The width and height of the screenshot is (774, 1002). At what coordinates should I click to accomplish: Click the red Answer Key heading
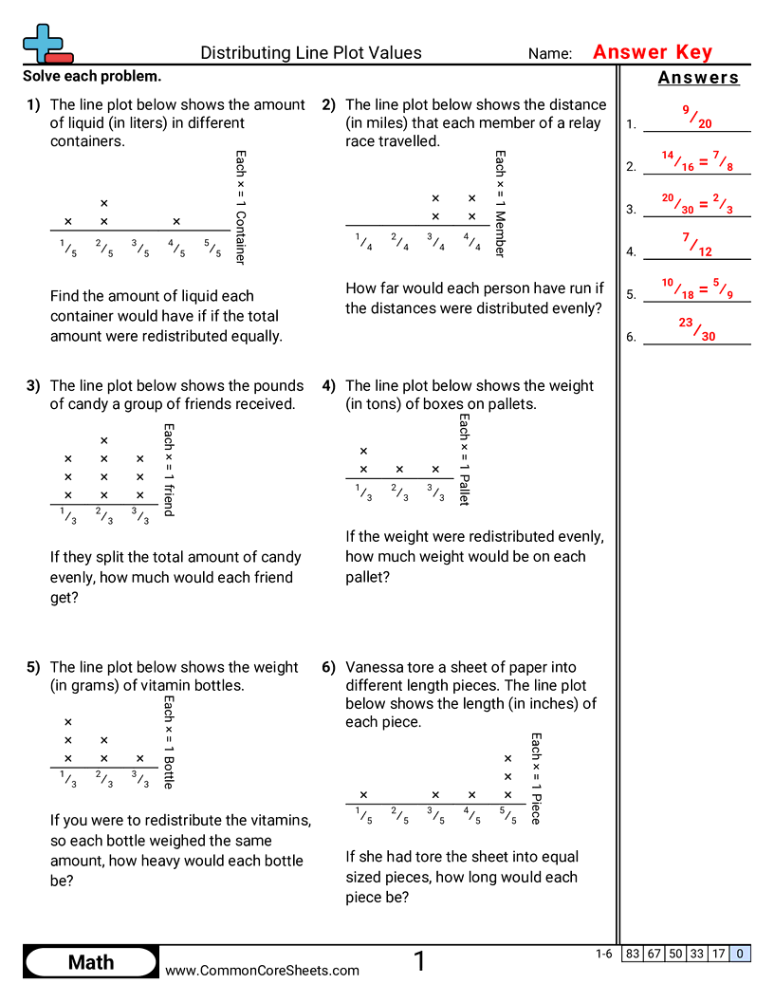click(x=652, y=52)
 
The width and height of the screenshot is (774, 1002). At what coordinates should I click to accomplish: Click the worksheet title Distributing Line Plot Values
click(x=311, y=53)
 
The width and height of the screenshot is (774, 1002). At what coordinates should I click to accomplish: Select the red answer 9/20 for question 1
click(x=697, y=117)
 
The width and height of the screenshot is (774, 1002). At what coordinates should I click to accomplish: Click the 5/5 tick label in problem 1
click(x=212, y=249)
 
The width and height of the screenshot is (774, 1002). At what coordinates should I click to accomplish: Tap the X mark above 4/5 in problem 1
click(x=176, y=221)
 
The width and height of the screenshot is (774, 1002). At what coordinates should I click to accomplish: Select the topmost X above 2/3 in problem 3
click(x=104, y=440)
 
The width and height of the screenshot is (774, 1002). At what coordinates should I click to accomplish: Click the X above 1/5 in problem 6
click(x=363, y=795)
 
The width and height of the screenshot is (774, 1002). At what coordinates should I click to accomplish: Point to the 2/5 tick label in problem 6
click(x=399, y=816)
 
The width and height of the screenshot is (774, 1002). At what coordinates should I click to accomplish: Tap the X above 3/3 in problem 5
click(x=140, y=758)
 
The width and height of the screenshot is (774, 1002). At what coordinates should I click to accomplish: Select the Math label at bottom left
click(x=91, y=962)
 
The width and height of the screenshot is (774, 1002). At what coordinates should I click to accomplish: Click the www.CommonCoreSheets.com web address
click(x=263, y=970)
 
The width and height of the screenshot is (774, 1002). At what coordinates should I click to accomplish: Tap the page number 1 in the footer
click(x=419, y=962)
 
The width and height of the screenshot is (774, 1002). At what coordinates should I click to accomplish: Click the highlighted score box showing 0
click(x=740, y=954)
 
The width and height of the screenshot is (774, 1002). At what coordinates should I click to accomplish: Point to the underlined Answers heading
click(x=698, y=79)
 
